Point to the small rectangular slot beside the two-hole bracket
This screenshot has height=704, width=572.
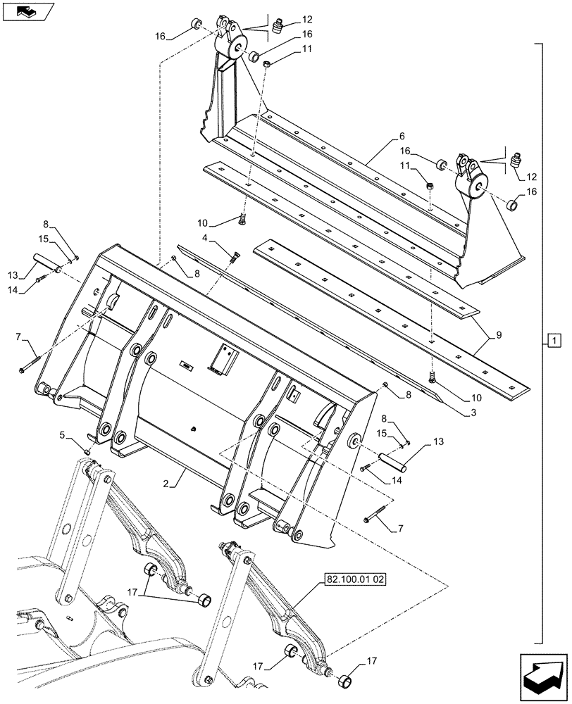click(x=187, y=365)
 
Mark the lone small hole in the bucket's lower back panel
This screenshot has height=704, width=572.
click(x=194, y=429)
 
